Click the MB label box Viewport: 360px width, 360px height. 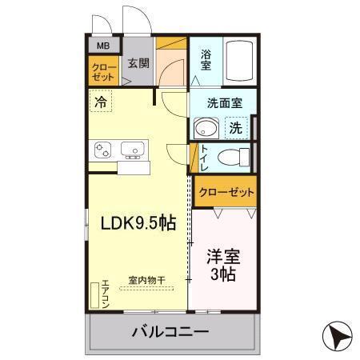click(x=102, y=46)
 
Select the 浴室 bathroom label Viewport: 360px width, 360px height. click(x=206, y=60)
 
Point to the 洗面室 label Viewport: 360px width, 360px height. click(x=219, y=102)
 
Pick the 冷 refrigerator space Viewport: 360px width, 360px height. click(x=101, y=102)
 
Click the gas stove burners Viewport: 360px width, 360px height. click(x=103, y=149)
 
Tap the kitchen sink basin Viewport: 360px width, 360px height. click(x=132, y=148)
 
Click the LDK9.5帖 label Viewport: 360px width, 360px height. click(x=137, y=224)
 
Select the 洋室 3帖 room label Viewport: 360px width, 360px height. click(x=223, y=266)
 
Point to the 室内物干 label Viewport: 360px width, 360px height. click(x=146, y=280)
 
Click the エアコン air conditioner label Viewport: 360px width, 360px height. click(x=104, y=294)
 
